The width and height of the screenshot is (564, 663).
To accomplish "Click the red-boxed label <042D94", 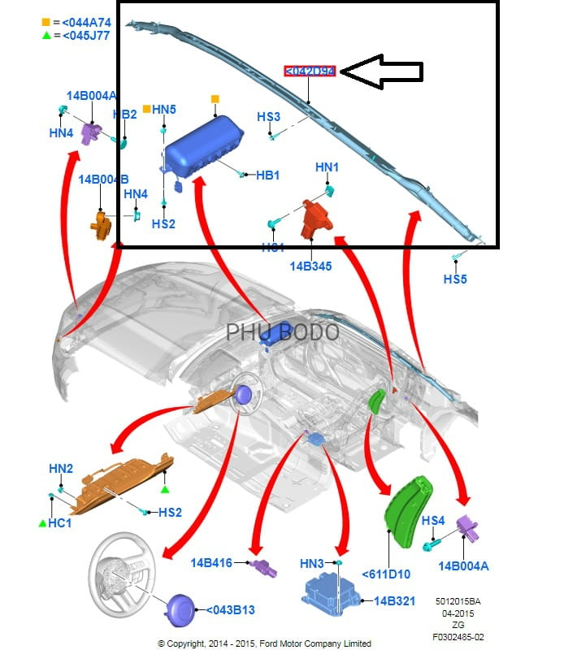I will pyautogui.click(x=309, y=71).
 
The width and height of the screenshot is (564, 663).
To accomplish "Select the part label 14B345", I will pyautogui.click(x=310, y=266).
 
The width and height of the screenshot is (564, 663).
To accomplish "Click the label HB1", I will pyautogui.click(x=267, y=175).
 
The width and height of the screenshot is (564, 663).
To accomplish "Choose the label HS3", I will pyautogui.click(x=268, y=117).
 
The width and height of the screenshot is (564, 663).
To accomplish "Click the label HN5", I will pyautogui.click(x=163, y=109).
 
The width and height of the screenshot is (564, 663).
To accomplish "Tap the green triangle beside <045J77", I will pyautogui.click(x=45, y=35).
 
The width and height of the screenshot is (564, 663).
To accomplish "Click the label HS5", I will pyautogui.click(x=455, y=279).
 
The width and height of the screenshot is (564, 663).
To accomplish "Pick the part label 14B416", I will pyautogui.click(x=210, y=561).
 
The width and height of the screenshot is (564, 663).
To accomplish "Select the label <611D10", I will pyautogui.click(x=386, y=574).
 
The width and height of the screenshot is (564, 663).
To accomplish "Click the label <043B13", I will pyautogui.click(x=230, y=609).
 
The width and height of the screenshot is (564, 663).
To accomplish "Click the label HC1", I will pyautogui.click(x=59, y=523).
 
